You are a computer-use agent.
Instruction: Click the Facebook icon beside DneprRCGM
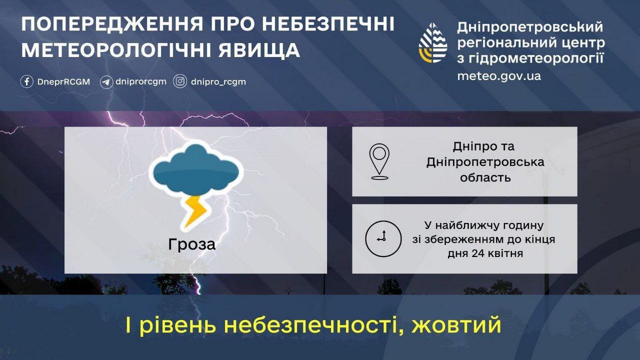pyautogui.click(x=27, y=82)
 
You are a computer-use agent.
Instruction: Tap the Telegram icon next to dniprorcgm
pyautogui.click(x=106, y=82)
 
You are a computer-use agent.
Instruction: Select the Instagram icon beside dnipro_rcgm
pyautogui.click(x=180, y=82)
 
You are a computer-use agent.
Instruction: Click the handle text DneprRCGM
pyautogui.click(x=63, y=82)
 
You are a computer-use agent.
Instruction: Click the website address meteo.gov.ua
pyautogui.click(x=499, y=76)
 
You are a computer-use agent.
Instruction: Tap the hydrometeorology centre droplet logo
pyautogui.click(x=433, y=43)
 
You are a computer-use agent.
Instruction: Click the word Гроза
pyautogui.click(x=192, y=244)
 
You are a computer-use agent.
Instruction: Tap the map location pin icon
pyautogui.click(x=379, y=161)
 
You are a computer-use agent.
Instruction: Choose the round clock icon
pyautogui.click(x=382, y=238)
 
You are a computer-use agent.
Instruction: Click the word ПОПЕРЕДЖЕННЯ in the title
pyautogui.click(x=104, y=25)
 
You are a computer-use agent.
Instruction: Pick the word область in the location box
pyautogui.click(x=485, y=177)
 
